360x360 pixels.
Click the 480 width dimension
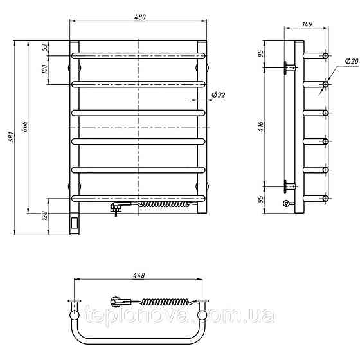coord(139,17)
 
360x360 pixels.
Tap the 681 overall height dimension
coord(12,137)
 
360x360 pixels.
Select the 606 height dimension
coord(24,127)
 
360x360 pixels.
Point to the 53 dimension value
coord(45,47)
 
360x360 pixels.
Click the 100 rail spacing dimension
coord(45,69)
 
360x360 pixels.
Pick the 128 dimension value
coord(45,215)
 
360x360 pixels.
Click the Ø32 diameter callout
coord(218,95)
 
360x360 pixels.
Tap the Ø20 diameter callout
coord(352,61)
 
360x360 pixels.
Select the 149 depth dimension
coord(307,24)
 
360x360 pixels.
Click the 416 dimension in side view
coord(261,127)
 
